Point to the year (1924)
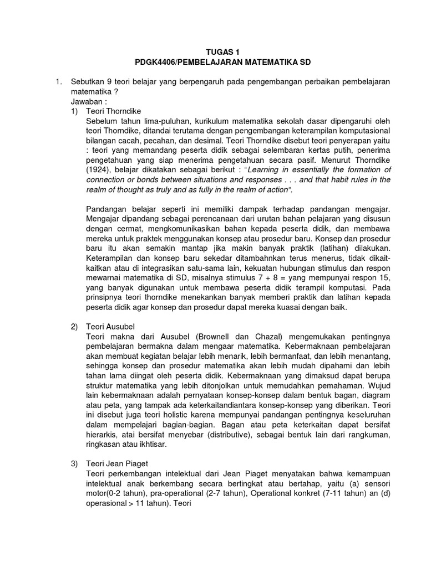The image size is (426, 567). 103,170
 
